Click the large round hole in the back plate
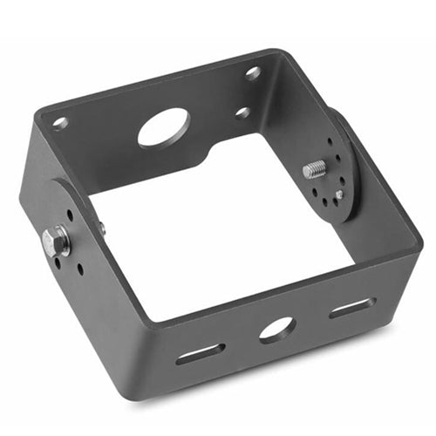(x=164, y=127)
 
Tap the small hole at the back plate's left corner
(x=60, y=123)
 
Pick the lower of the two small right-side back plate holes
(x=242, y=112)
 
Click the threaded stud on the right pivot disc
(x=316, y=169)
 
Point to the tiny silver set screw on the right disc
(x=338, y=194)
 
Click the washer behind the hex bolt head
(x=64, y=239)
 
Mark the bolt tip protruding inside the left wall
(x=102, y=229)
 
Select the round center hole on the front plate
(x=276, y=329)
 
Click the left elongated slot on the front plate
(x=200, y=353)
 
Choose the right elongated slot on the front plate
(x=352, y=307)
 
